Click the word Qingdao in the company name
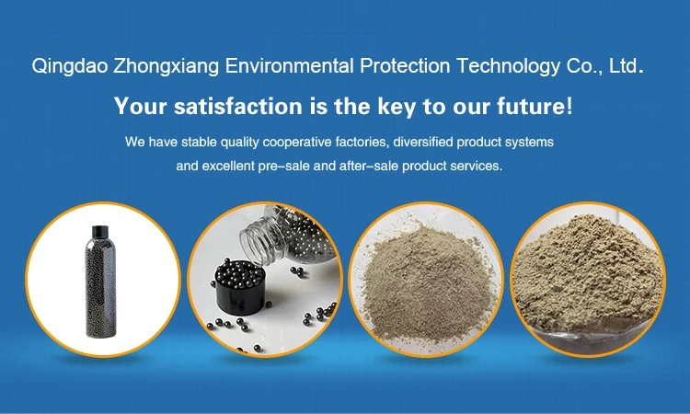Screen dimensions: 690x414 coord(70,66)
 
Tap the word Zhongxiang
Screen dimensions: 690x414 coord(167,66)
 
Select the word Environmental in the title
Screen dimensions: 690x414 coord(289,66)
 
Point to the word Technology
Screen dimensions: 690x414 coord(508,66)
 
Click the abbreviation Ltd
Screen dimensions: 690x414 coord(626,66)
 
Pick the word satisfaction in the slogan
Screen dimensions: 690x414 coord(238,106)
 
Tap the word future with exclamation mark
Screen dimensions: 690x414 coord(535,106)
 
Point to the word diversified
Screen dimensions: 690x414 coord(423,142)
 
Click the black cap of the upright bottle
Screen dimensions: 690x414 coord(100,232)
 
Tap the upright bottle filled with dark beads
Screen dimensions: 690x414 coord(101,282)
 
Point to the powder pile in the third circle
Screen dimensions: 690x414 coord(426,282)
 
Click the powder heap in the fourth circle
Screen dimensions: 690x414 coord(588,272)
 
